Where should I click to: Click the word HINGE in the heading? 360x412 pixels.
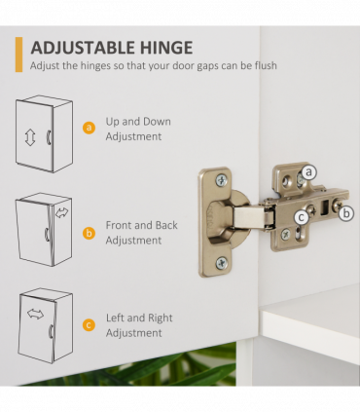(x=167, y=48)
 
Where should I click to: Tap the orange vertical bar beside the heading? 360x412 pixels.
(x=18, y=55)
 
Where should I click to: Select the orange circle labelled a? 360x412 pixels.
(x=89, y=128)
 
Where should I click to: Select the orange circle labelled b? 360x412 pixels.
(x=89, y=233)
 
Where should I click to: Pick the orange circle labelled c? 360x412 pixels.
(x=89, y=325)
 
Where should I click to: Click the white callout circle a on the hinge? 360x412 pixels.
(x=308, y=172)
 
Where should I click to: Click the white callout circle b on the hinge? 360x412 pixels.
(x=346, y=213)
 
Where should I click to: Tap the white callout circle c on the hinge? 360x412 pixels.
(x=302, y=217)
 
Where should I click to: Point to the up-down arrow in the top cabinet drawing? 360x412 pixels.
(x=30, y=137)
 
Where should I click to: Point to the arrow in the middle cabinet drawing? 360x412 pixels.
(x=61, y=212)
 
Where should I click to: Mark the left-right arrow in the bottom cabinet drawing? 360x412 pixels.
(x=35, y=314)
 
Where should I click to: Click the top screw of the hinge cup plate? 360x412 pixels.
(x=222, y=180)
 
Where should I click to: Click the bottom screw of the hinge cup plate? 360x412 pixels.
(x=222, y=263)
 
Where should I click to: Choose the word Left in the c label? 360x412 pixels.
(x=115, y=318)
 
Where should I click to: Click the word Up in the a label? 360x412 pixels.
(x=113, y=122)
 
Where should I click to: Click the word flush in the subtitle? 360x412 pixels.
(x=266, y=65)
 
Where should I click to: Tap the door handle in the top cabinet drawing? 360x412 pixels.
(x=49, y=137)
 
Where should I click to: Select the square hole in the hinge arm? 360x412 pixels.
(x=324, y=207)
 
